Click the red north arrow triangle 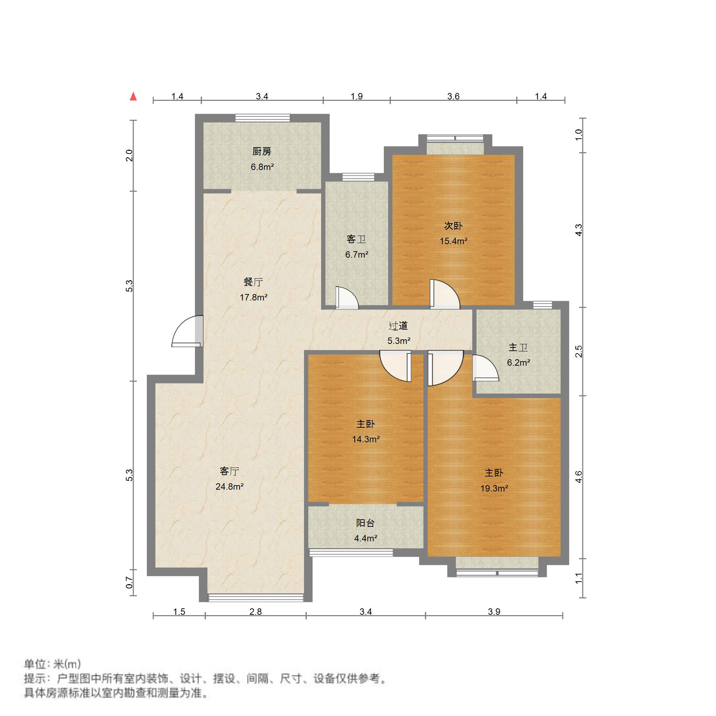tap(133, 97)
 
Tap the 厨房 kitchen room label tap(262, 151)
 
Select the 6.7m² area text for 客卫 tap(356, 254)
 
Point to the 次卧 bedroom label tap(453, 226)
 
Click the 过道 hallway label tap(398, 326)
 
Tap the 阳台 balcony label tap(365, 523)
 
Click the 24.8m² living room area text tap(230, 486)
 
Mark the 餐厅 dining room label tap(253, 282)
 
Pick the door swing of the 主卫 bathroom tap(485, 369)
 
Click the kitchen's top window tap(262, 118)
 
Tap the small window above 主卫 tap(542, 305)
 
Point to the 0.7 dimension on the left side tap(129, 583)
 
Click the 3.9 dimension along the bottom tap(494, 612)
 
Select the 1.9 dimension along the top tap(356, 96)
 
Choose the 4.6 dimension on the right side tap(578, 477)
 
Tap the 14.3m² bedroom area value tap(366, 439)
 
